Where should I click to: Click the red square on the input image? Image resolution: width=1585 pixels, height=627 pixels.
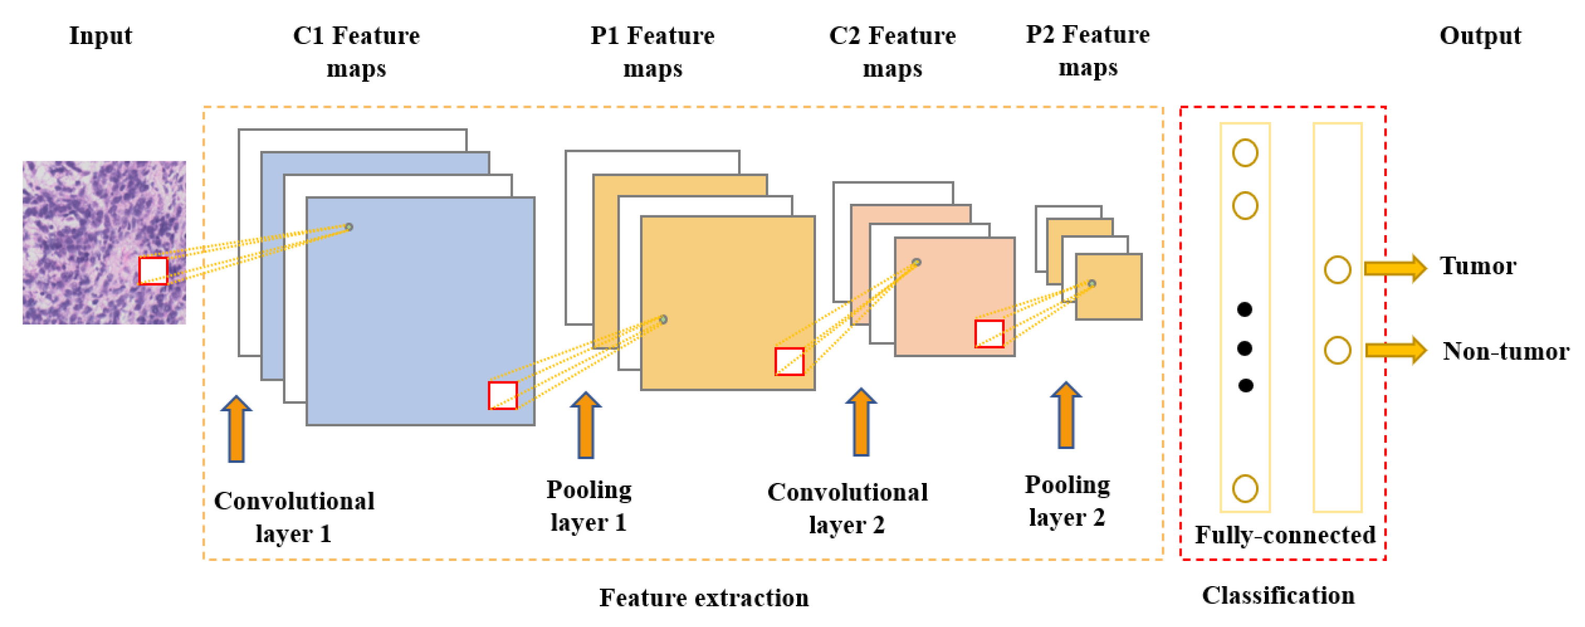pyautogui.click(x=153, y=271)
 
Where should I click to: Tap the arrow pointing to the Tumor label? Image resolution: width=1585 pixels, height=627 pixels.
pyautogui.click(x=1395, y=268)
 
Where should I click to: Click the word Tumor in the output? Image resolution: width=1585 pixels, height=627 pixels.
pyautogui.click(x=1477, y=266)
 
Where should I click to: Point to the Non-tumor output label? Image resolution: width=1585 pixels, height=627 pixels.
pyautogui.click(x=1505, y=351)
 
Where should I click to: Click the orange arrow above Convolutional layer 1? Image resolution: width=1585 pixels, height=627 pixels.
pyautogui.click(x=236, y=429)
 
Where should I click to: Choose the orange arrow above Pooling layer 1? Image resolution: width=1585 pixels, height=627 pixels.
pyautogui.click(x=586, y=425)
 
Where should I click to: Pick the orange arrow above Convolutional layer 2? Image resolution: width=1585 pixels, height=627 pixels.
pyautogui.click(x=861, y=422)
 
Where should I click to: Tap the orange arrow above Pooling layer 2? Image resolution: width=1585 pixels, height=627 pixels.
pyautogui.click(x=1066, y=415)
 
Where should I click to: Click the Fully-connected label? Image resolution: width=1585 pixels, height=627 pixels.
pyautogui.click(x=1285, y=535)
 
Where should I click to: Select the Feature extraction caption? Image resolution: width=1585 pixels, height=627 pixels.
pyautogui.click(x=704, y=598)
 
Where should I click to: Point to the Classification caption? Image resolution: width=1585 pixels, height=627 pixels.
pyautogui.click(x=1278, y=595)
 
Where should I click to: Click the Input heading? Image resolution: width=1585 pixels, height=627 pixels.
pyautogui.click(x=100, y=36)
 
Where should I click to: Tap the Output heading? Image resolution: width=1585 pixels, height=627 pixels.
pyautogui.click(x=1480, y=36)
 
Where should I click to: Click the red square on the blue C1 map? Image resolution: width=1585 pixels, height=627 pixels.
pyautogui.click(x=503, y=395)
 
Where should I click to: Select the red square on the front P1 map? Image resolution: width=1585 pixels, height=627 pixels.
pyautogui.click(x=789, y=362)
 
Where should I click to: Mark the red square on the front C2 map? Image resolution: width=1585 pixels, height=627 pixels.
pyautogui.click(x=989, y=334)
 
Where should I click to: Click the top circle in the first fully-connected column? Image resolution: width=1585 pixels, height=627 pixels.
pyautogui.click(x=1245, y=153)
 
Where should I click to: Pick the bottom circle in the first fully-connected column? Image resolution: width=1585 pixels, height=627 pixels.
pyautogui.click(x=1245, y=489)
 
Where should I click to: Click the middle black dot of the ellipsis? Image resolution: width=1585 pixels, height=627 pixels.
pyautogui.click(x=1245, y=349)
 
